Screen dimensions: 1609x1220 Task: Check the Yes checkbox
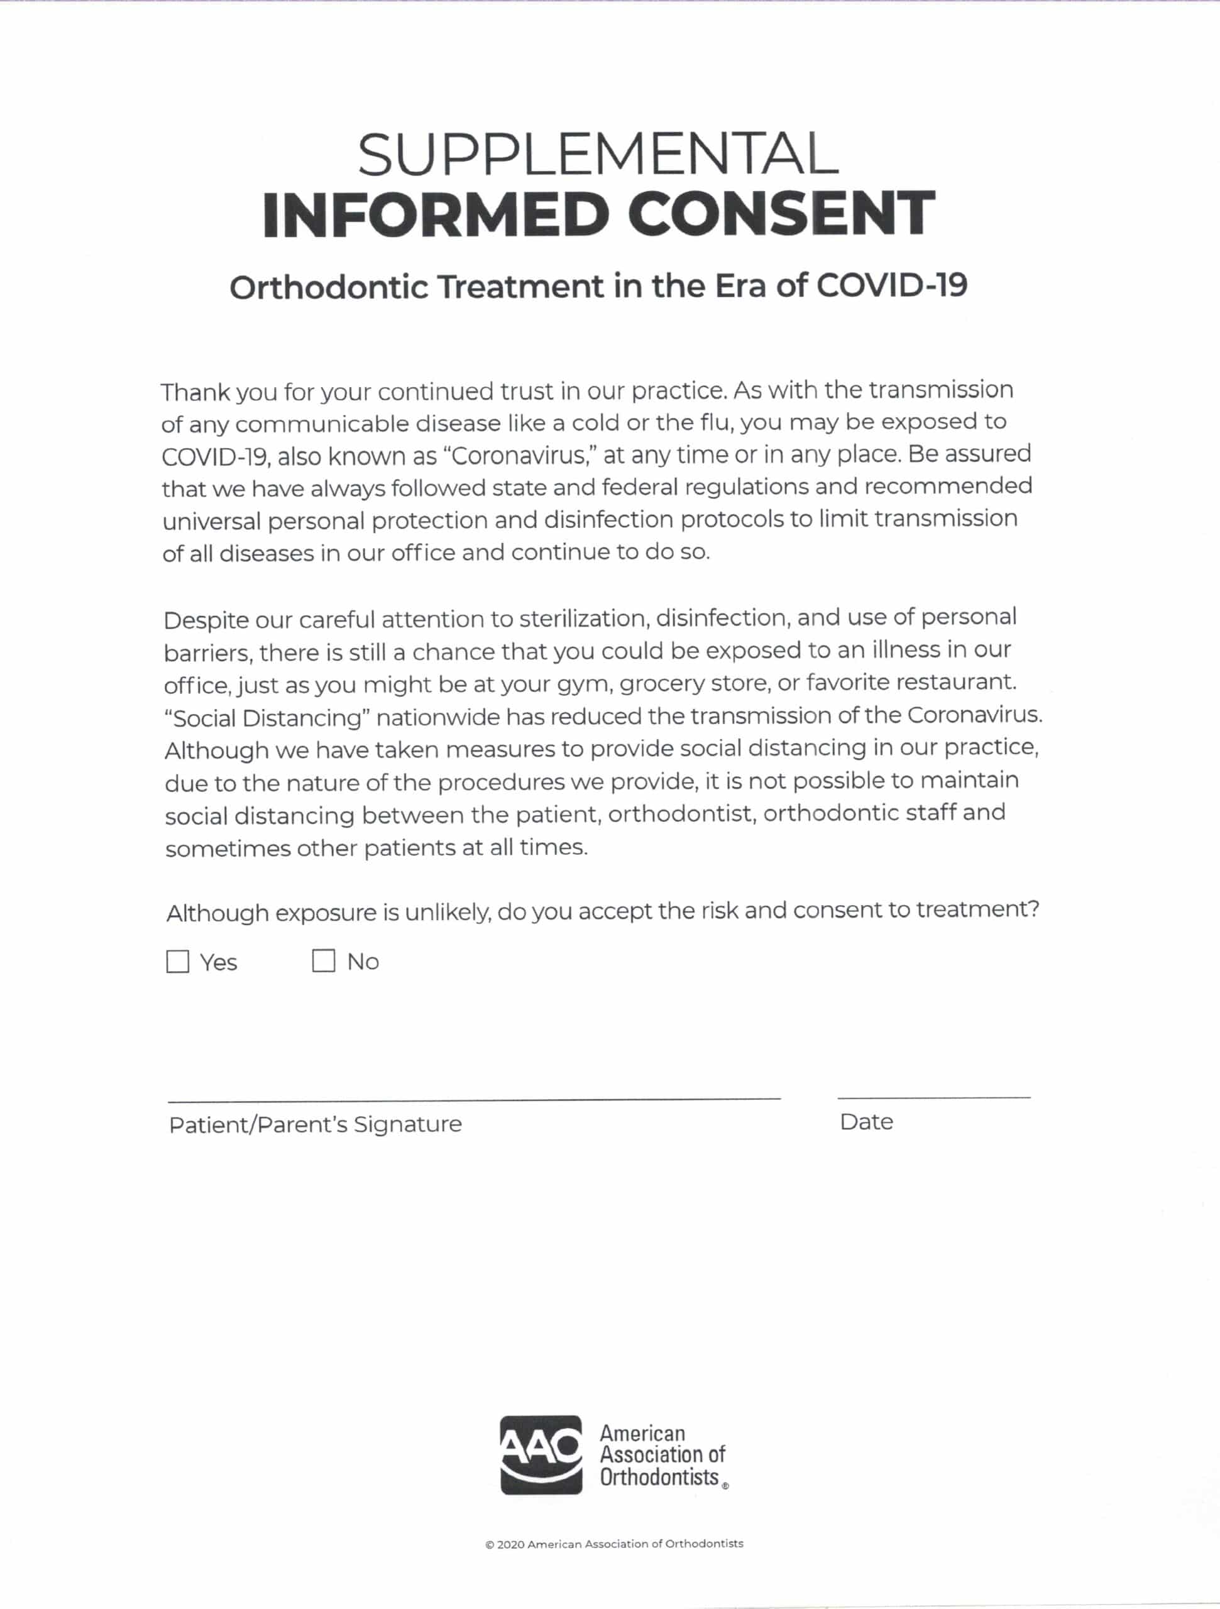[x=177, y=962]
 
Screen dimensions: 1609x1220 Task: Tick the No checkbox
[x=323, y=961]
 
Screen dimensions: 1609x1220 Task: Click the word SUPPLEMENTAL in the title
[x=598, y=155]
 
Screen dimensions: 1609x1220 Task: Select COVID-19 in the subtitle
[x=892, y=285]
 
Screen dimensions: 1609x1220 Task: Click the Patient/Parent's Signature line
[x=475, y=1097]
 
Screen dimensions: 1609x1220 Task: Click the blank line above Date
[x=933, y=1096]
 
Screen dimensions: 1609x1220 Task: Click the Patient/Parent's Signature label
[x=315, y=1124]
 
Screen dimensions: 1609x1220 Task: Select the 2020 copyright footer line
[x=614, y=1544]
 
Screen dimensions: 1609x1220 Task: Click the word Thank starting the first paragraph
[x=195, y=392]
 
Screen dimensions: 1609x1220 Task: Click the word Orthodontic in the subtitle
[x=329, y=287]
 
